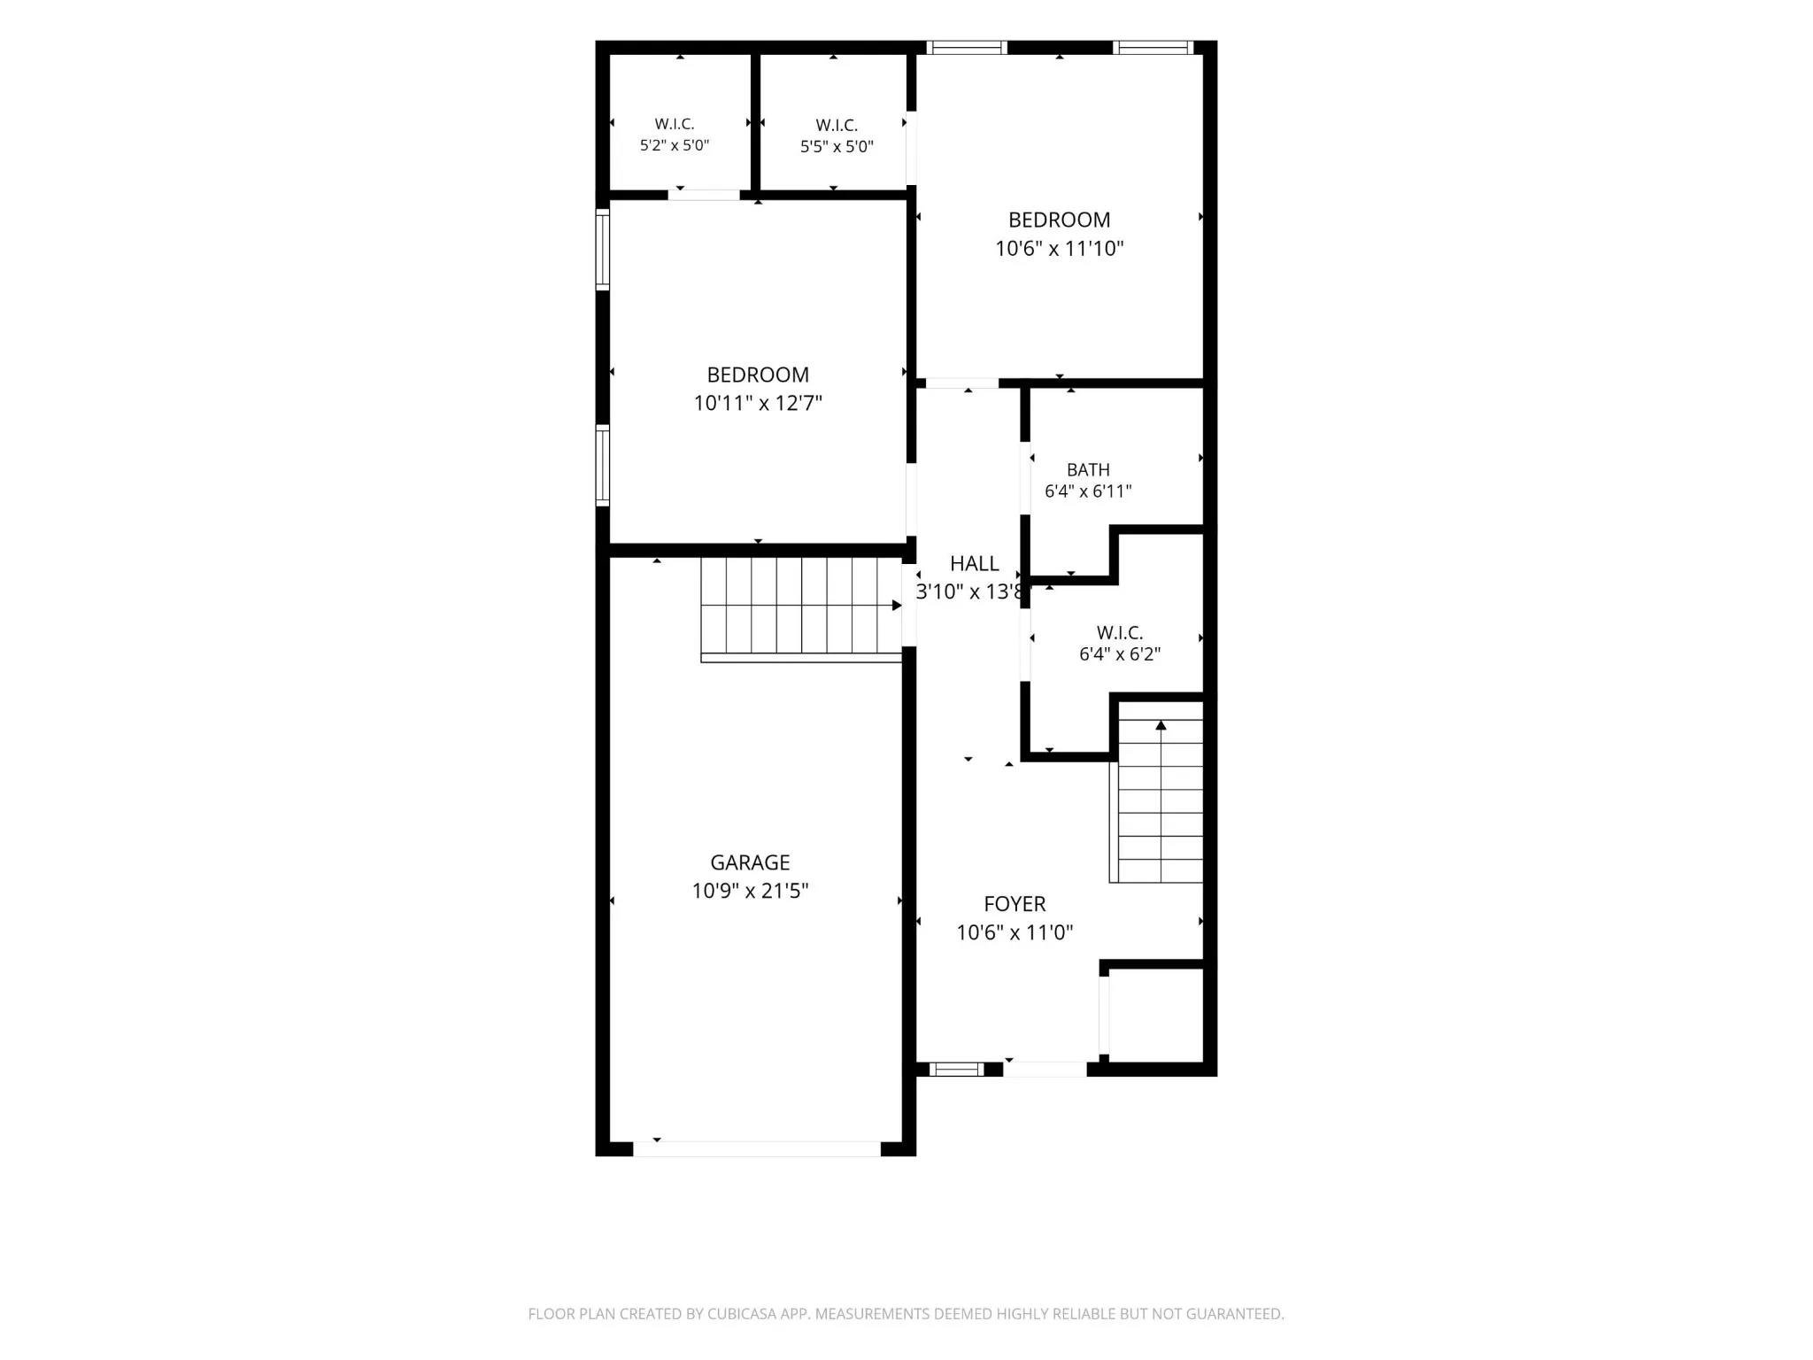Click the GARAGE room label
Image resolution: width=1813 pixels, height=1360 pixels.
750,862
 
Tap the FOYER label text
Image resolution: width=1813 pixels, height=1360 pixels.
1015,904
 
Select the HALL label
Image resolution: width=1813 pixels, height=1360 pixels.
974,563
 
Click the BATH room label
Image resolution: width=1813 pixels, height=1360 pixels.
1088,470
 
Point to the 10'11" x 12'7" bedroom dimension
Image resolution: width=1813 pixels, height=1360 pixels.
758,404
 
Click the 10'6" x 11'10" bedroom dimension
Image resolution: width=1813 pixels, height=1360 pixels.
1060,249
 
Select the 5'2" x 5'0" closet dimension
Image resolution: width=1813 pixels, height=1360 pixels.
675,145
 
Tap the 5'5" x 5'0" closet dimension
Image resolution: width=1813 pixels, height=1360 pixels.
837,147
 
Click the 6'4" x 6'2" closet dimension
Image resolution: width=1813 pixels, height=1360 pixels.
1120,654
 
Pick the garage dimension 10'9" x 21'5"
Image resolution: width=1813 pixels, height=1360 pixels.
750,891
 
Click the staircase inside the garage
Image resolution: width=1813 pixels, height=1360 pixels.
801,609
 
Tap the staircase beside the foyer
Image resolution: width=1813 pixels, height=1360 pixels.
1156,792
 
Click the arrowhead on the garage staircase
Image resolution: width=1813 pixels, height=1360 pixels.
897,606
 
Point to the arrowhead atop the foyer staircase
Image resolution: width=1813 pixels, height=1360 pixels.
1161,726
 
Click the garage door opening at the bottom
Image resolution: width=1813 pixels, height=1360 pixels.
757,1148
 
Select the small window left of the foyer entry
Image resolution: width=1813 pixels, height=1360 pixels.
956,1070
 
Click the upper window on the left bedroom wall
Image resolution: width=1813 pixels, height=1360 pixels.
603,250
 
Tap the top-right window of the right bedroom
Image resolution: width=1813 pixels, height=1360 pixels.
1153,48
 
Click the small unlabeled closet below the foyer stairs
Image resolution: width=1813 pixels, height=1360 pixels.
1155,1015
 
